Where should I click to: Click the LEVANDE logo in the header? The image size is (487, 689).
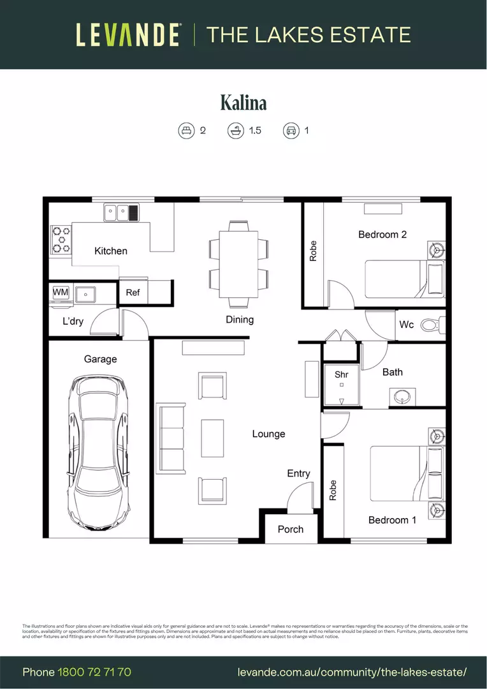click(x=127, y=34)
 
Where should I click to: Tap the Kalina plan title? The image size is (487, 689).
click(x=243, y=102)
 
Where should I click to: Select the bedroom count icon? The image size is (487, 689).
click(x=185, y=131)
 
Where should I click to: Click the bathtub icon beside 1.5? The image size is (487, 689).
click(x=235, y=131)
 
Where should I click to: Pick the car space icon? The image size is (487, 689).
click(x=291, y=131)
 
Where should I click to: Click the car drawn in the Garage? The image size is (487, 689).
click(x=99, y=452)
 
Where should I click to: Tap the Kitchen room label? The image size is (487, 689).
click(x=110, y=251)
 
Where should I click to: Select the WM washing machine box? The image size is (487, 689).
click(x=61, y=292)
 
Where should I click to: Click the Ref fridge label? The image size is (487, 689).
click(x=133, y=292)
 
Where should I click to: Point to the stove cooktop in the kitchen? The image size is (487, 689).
click(x=61, y=240)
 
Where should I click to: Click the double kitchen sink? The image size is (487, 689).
click(x=116, y=212)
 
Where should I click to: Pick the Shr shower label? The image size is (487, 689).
click(x=342, y=374)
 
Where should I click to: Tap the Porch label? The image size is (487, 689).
click(x=291, y=529)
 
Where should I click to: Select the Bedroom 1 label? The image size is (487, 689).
click(x=392, y=520)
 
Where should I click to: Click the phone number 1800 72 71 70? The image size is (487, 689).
click(x=94, y=672)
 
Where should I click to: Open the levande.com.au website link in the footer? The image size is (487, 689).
click(x=352, y=672)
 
